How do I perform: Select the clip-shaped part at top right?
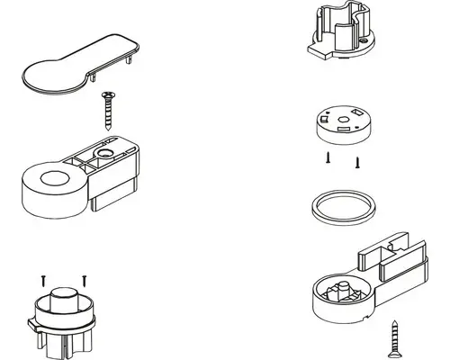point(341,36)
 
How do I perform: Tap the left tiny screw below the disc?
point(329,158)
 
